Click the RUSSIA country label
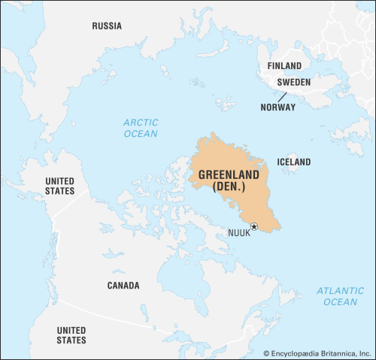(106, 26)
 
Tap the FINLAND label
(284, 66)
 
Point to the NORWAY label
(278, 107)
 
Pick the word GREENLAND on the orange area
(229, 174)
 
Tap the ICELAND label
(294, 162)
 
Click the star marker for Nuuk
(254, 226)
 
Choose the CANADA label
(123, 286)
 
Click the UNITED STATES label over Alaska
(60, 186)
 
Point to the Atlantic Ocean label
(340, 296)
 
